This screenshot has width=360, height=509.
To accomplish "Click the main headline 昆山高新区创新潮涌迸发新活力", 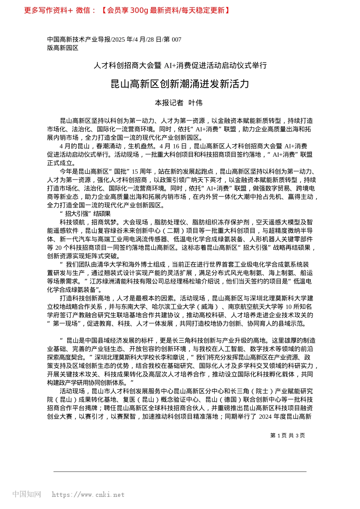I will pos(180,84).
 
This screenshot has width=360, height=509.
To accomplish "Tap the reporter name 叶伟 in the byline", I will pos(196,103).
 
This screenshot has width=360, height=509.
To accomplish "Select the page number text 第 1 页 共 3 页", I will pos(287,436).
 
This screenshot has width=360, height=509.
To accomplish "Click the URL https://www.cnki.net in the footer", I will pos(88,495).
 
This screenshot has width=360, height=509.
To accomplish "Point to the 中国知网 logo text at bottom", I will pos(27,494).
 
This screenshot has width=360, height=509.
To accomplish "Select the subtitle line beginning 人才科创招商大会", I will pos(180,66).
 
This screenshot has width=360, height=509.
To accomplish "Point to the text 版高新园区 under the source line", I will pos(63,48).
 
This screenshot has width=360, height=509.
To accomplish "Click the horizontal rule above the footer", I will pos(180,472).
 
